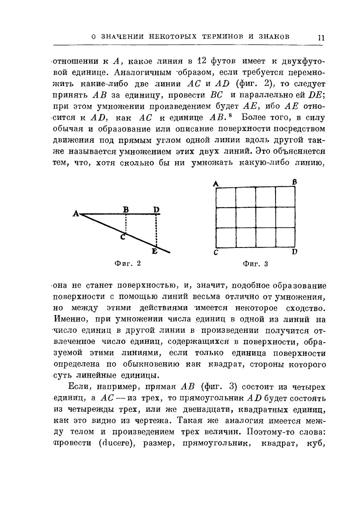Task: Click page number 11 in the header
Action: (321, 37)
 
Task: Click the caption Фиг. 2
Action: (128, 264)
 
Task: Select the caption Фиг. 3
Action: (255, 264)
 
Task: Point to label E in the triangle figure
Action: (154, 252)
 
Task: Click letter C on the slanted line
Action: (122, 237)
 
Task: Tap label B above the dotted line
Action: (126, 209)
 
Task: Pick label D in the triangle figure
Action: (156, 209)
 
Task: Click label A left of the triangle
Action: (76, 213)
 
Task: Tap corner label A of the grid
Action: (216, 183)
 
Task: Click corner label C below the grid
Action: (217, 253)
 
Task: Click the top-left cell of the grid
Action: (225, 197)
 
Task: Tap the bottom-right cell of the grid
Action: (285, 238)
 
